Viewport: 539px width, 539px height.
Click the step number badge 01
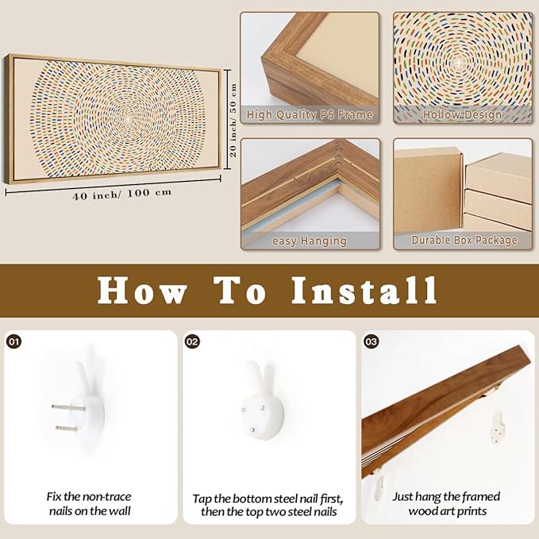tap(14, 341)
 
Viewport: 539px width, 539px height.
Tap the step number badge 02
tap(192, 341)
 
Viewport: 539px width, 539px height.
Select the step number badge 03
tap(372, 341)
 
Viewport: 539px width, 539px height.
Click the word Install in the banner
tap(364, 291)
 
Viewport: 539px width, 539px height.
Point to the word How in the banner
tap(142, 291)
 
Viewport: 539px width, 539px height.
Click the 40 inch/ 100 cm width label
tap(122, 194)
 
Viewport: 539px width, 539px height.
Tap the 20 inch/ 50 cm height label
tap(233, 120)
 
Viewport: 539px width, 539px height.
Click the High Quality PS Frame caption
tap(310, 115)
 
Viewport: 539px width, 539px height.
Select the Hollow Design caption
tap(462, 115)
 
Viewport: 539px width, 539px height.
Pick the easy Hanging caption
tap(310, 241)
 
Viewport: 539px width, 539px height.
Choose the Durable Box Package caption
tap(464, 240)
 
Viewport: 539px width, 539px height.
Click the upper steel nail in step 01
tap(68, 408)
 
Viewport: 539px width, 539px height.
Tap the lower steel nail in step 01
tap(71, 429)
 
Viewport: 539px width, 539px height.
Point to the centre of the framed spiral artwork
tap(128, 118)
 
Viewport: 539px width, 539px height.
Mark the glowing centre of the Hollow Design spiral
tap(459, 64)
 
